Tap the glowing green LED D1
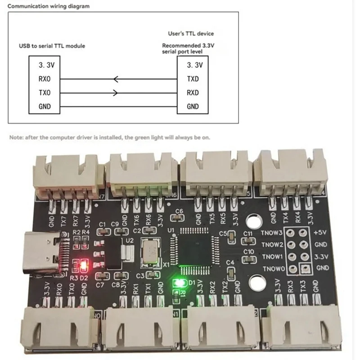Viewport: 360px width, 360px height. click(x=179, y=283)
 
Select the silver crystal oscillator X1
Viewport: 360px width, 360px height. click(x=149, y=251)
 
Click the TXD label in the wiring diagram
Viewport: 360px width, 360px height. click(x=193, y=79)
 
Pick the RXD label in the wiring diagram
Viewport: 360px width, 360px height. click(x=193, y=93)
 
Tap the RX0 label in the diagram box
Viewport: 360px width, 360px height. click(x=45, y=79)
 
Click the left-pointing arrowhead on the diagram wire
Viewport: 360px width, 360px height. click(x=116, y=79)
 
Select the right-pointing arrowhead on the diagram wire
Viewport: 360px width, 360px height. click(x=116, y=93)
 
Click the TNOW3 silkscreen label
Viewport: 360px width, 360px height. click(x=271, y=233)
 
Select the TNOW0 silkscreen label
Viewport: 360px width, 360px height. click(x=271, y=269)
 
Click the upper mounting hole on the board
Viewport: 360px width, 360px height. click(x=255, y=221)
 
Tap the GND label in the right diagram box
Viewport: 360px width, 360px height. click(x=193, y=107)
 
